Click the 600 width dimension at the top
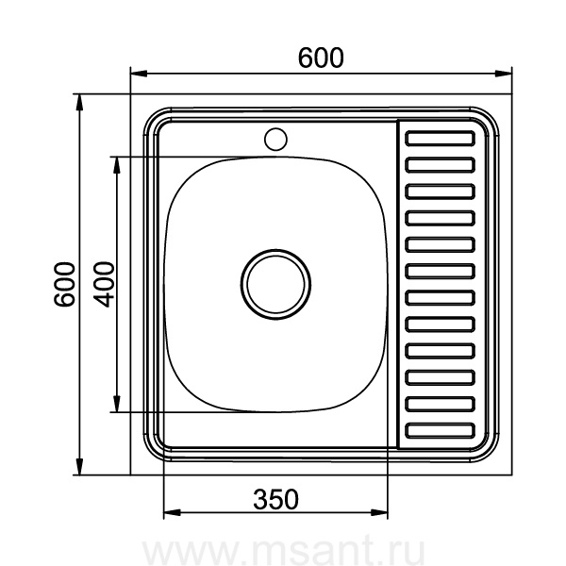(321, 58)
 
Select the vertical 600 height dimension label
(64, 285)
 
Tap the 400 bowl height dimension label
(104, 285)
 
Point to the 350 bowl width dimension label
(275, 499)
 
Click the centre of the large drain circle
(275, 284)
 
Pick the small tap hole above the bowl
(275, 139)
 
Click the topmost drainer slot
(440, 139)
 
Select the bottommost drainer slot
(440, 431)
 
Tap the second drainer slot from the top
(440, 165)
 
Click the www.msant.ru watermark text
(283, 550)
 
